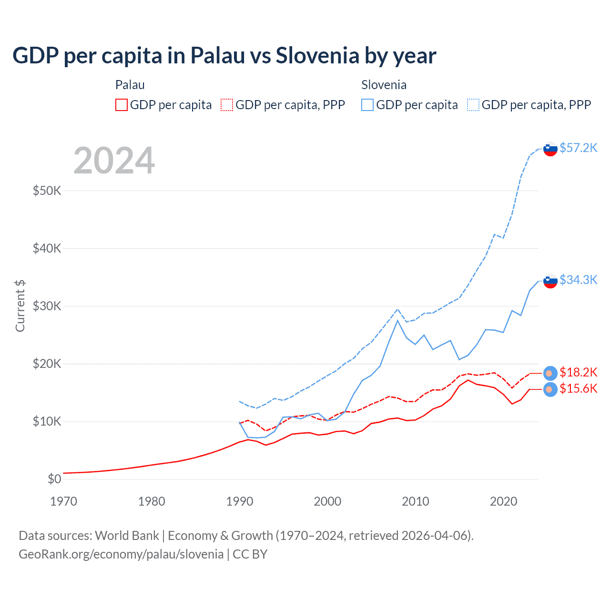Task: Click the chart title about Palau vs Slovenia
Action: [x=224, y=56]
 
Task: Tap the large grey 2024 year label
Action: [x=114, y=161]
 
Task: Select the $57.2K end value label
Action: [x=578, y=148]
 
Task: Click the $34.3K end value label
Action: [x=578, y=280]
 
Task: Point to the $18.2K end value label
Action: [x=578, y=372]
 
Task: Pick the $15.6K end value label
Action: [x=578, y=388]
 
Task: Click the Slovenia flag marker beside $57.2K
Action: [x=550, y=149]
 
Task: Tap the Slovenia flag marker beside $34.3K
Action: [x=550, y=281]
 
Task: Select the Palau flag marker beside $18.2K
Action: [x=550, y=373]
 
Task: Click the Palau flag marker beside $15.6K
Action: [x=550, y=389]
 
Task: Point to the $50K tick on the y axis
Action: [x=47, y=191]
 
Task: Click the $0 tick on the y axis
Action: [x=54, y=479]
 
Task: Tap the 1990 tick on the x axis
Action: [x=240, y=501]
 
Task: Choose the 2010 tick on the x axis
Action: [x=416, y=501]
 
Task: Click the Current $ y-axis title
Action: [x=20, y=306]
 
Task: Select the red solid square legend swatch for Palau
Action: [x=122, y=105]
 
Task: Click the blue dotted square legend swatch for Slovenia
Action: [x=473, y=105]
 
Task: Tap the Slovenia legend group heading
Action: [x=384, y=85]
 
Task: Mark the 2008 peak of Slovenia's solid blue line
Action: [x=397, y=320]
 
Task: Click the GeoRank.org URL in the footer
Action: [x=121, y=554]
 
